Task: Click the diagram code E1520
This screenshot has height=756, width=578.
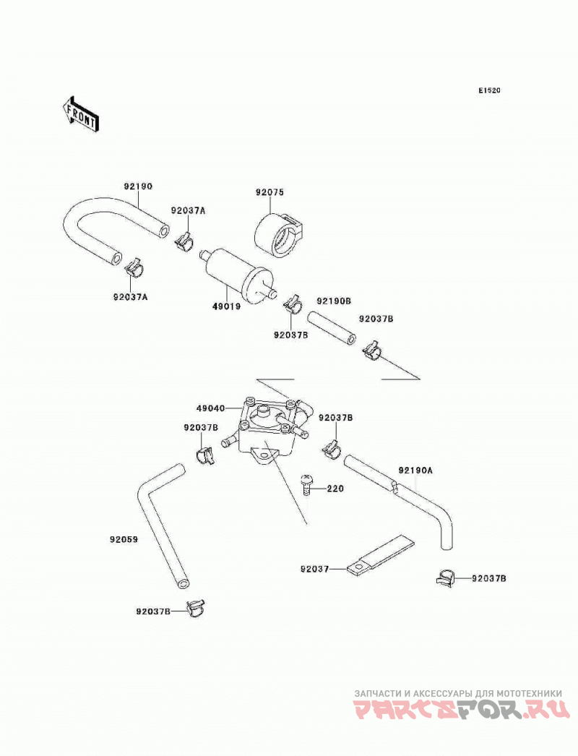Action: pos(489,90)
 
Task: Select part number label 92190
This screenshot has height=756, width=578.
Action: pos(138,186)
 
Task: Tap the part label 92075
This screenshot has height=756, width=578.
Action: pos(270,192)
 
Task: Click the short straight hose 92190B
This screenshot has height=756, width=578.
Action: pos(332,328)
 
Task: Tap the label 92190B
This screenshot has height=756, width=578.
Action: pos(334,301)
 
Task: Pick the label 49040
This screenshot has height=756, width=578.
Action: pos(210,408)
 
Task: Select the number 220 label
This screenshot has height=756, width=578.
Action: pos(335,489)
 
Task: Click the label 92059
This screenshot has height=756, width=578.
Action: pos(124,539)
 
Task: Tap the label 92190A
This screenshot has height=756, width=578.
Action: pos(415,470)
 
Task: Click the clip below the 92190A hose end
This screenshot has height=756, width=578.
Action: pos(446,578)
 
